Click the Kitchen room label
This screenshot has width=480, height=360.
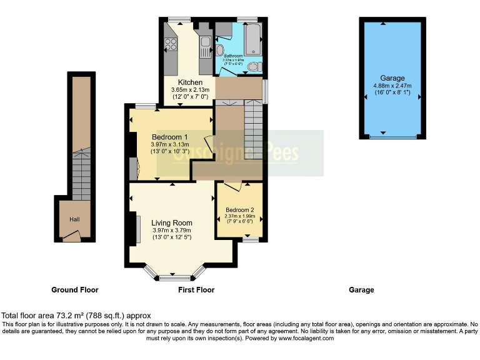[x=190, y=82]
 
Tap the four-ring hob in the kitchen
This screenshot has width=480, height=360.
[x=171, y=44]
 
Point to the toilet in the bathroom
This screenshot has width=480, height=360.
[x=252, y=66]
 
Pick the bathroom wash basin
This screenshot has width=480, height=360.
[x=220, y=50]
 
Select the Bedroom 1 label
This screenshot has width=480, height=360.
[x=169, y=137]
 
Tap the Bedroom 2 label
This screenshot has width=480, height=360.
[x=240, y=209]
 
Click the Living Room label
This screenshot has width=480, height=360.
[x=171, y=222]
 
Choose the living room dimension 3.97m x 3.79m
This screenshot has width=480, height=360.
[x=171, y=230]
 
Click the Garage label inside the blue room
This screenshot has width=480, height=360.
[x=392, y=78]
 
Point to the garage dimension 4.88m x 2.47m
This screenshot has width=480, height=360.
[x=392, y=86]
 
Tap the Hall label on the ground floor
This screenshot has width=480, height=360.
[x=74, y=219]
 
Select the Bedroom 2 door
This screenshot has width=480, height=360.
[x=232, y=186]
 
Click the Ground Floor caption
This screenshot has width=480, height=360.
[x=74, y=290]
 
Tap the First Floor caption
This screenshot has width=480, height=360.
[x=196, y=290]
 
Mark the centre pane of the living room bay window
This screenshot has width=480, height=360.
[x=174, y=277]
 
